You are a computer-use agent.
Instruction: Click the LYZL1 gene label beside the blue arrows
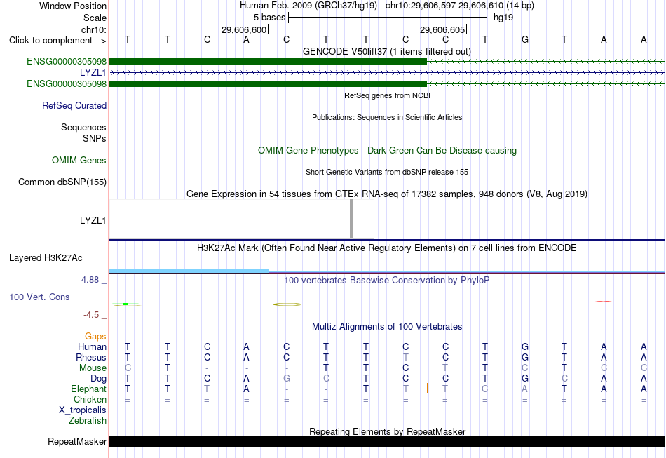click(x=93, y=73)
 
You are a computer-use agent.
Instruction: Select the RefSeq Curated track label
click(x=74, y=105)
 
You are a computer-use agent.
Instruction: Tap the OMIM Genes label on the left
click(x=79, y=160)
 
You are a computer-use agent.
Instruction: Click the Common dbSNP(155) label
click(x=62, y=182)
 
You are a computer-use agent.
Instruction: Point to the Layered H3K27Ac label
click(x=46, y=258)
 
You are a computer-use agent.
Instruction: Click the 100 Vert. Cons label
click(x=39, y=297)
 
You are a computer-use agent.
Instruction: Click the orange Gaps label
click(x=95, y=336)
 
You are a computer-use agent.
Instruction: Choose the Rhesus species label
click(x=91, y=357)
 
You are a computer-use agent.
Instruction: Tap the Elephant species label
click(x=89, y=389)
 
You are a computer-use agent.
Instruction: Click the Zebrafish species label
click(x=88, y=420)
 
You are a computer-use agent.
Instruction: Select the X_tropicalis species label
click(x=83, y=410)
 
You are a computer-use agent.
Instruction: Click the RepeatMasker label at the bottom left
click(x=77, y=441)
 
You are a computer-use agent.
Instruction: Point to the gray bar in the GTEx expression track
click(x=351, y=219)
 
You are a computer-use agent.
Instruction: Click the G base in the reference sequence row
click(x=525, y=39)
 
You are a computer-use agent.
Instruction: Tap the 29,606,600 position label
click(x=244, y=29)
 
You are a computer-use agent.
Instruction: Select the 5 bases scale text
click(x=270, y=18)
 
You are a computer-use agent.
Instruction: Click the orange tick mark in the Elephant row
click(x=427, y=388)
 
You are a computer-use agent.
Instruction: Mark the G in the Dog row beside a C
click(x=286, y=378)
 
